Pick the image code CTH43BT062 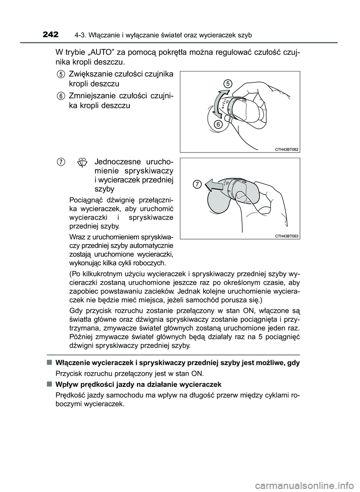(x=286, y=149)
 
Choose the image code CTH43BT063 (x=286, y=236)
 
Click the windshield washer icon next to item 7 (x=82, y=163)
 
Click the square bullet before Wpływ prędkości (x=49, y=384)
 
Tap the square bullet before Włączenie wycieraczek (x=49, y=362)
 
